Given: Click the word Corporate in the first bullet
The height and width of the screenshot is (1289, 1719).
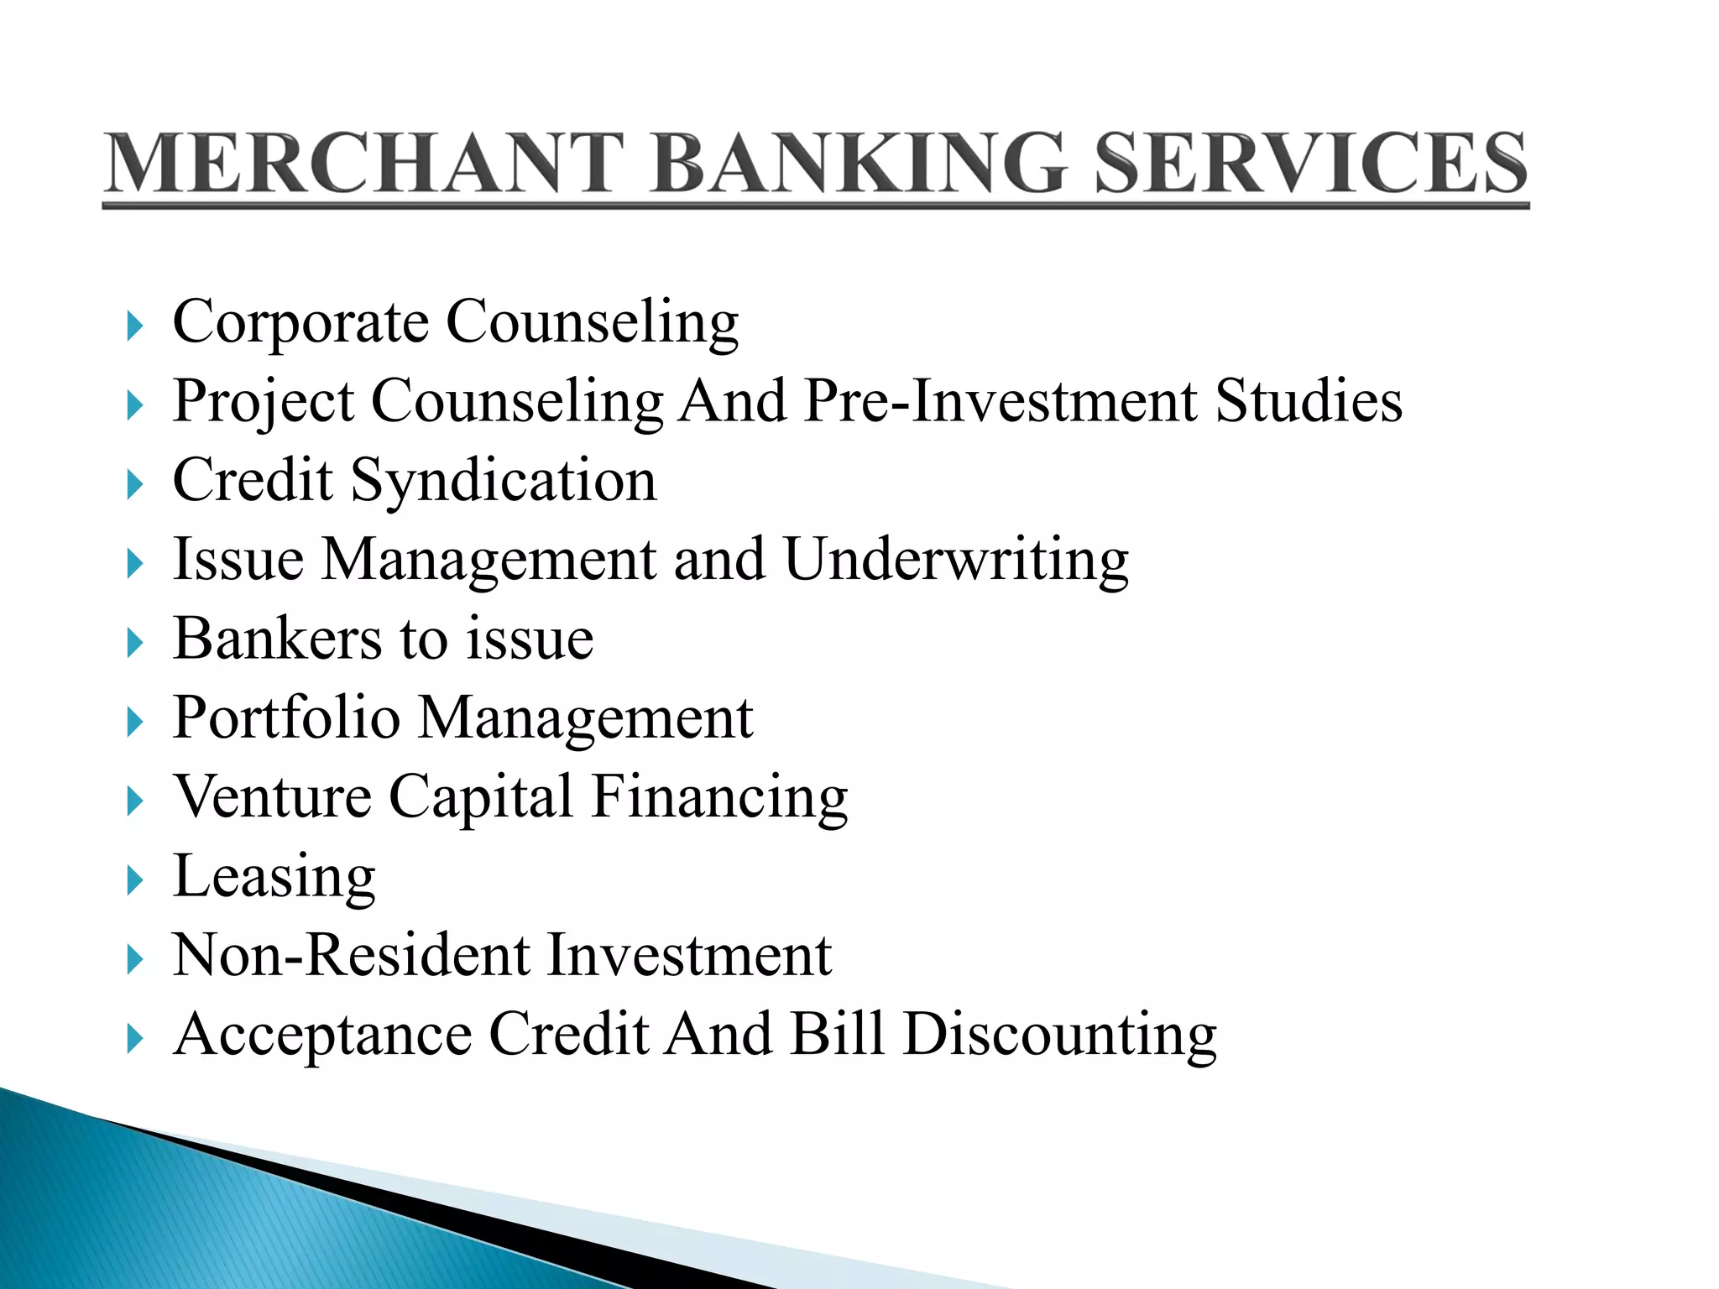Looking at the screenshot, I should coord(300,322).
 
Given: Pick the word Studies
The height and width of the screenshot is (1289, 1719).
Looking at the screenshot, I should coord(1309,401).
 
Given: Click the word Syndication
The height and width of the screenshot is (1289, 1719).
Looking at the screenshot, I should coord(504,482).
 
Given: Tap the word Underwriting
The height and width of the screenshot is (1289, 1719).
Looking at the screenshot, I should coord(956,561).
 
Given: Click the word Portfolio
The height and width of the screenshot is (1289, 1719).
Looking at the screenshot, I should coord(286,718).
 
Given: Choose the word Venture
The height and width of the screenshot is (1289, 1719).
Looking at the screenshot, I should coord(272,797).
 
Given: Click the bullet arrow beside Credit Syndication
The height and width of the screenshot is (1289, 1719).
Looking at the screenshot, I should coord(134,485).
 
